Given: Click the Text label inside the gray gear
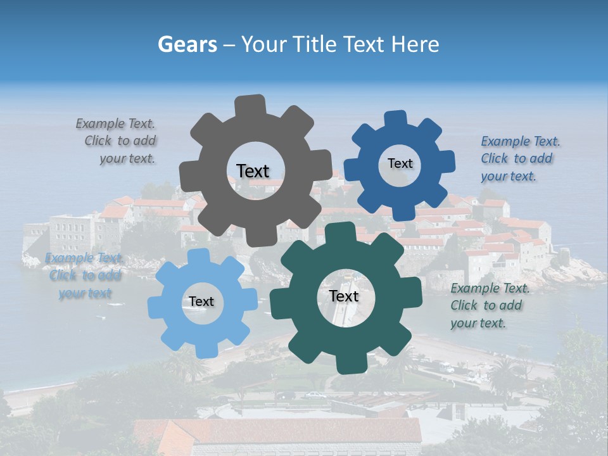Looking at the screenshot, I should pos(253,171).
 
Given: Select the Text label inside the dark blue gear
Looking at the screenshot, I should pos(400,163).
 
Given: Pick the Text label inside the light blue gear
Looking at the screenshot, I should pos(201,302).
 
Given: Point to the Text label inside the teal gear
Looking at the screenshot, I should pos(344,296).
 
